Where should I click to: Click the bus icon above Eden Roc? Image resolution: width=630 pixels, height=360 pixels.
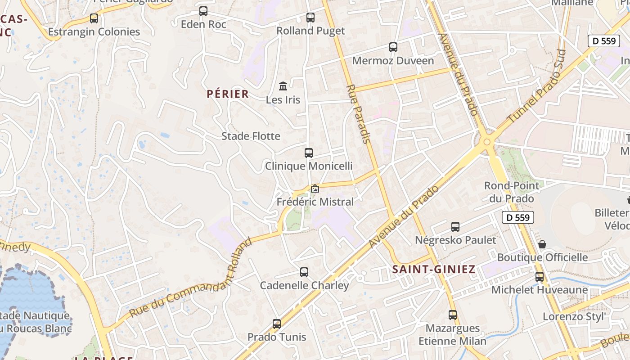[x=203, y=11]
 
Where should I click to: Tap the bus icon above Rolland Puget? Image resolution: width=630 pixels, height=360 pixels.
[x=310, y=18]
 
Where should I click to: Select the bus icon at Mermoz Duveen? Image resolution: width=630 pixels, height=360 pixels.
[x=393, y=47]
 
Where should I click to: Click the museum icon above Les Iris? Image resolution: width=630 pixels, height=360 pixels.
[x=283, y=86]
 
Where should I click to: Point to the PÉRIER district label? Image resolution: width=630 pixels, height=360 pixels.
[x=228, y=94]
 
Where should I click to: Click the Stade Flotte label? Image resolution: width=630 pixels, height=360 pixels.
[x=251, y=136]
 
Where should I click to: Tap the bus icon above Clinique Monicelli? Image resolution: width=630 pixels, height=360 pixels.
[x=309, y=153]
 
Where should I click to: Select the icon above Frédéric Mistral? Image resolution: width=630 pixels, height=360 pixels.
[x=315, y=189]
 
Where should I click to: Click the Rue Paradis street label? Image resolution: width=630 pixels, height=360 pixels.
[x=359, y=114]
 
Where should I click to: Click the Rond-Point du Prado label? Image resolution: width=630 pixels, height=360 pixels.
[x=511, y=192]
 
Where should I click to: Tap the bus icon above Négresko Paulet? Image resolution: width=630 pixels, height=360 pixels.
[x=455, y=227]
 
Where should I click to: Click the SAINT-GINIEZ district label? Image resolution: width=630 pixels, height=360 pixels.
[x=434, y=270]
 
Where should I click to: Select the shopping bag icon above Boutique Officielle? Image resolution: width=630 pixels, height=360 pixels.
[x=542, y=244]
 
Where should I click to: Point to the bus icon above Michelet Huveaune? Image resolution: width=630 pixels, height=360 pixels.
[x=540, y=277]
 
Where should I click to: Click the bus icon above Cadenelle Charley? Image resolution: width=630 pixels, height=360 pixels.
[x=304, y=272]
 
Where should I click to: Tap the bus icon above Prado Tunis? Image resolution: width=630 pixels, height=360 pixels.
[x=277, y=324]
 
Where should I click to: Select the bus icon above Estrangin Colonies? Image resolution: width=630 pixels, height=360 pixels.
[x=94, y=18]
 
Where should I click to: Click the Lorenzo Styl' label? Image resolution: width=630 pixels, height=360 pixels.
[x=573, y=316]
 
